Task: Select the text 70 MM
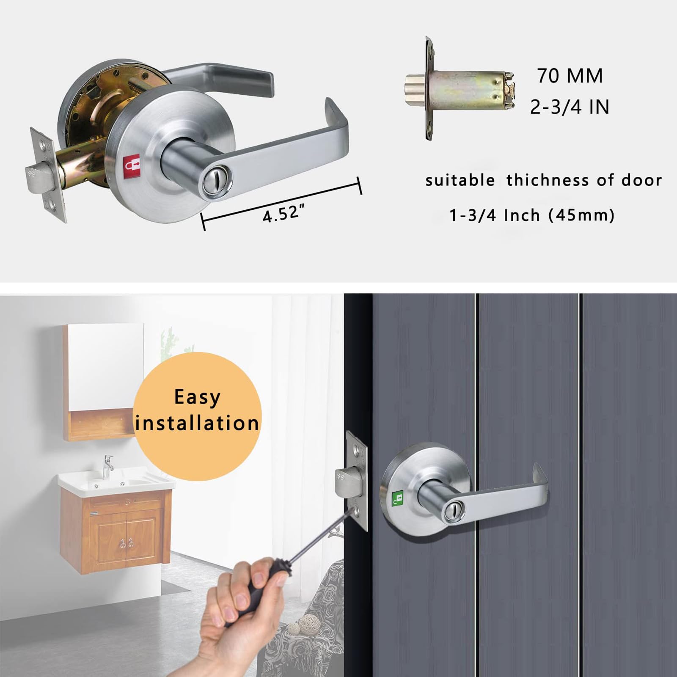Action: click(x=570, y=76)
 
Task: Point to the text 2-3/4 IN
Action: click(x=570, y=107)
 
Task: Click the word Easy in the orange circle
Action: click(x=197, y=398)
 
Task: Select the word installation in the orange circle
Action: click(x=197, y=423)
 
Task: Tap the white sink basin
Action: click(x=116, y=480)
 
